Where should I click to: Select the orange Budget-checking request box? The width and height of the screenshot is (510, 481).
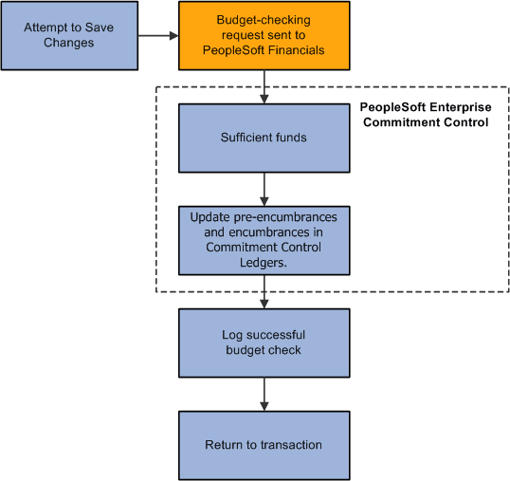point(264,36)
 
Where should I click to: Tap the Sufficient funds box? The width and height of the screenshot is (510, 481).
point(264,138)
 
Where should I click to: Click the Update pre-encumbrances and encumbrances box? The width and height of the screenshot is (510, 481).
point(264,240)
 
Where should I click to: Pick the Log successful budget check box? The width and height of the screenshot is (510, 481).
point(264,342)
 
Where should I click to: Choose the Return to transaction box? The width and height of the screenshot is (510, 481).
point(264,445)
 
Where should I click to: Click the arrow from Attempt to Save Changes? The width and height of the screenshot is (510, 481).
point(157,36)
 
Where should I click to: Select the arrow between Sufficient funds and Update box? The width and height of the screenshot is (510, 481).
point(264,189)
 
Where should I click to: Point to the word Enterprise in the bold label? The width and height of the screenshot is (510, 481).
point(457,107)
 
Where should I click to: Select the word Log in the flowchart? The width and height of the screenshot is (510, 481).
point(233,335)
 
